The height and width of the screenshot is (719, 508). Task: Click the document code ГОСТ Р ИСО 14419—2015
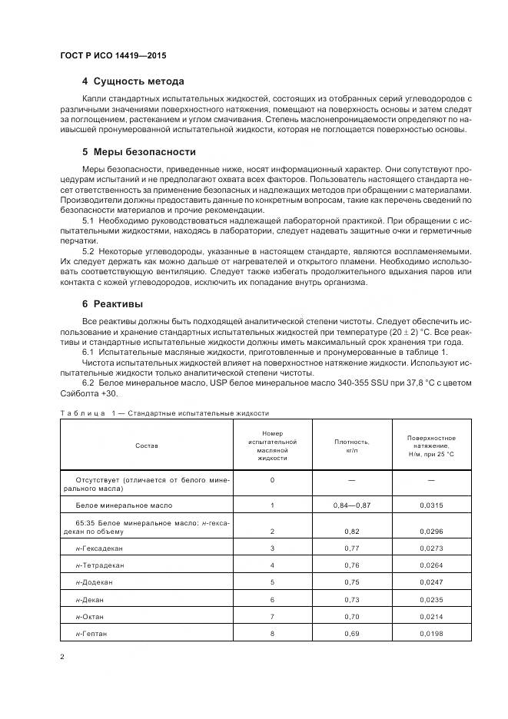[112, 57]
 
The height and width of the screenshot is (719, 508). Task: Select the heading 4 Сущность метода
[132, 81]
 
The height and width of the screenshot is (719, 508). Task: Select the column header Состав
[148, 444]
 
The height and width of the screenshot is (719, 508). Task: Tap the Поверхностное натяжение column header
[431, 446]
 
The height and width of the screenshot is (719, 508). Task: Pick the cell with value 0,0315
[431, 505]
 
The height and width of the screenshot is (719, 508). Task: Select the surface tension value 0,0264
[431, 565]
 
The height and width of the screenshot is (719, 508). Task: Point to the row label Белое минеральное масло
[124, 505]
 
